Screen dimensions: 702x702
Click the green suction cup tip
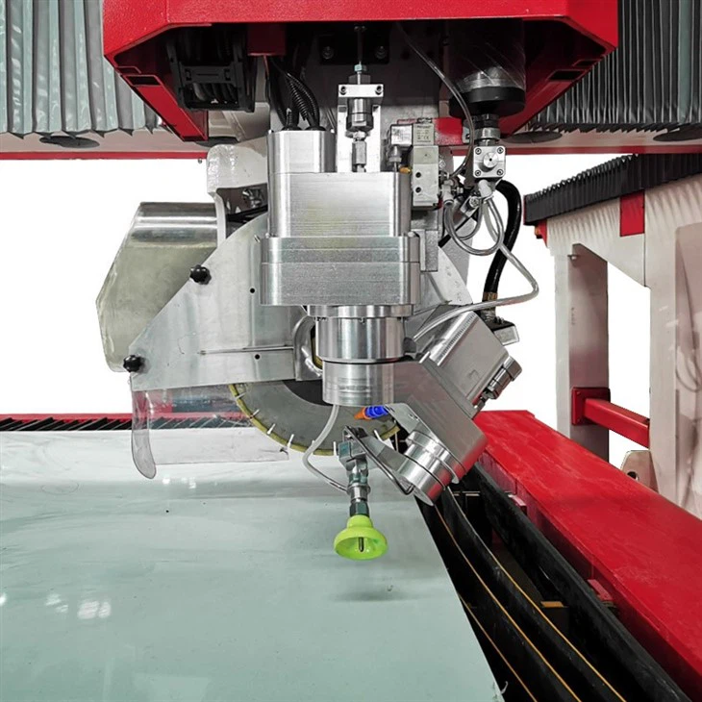[x=361, y=539]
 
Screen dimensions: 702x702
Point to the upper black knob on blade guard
[x=200, y=274]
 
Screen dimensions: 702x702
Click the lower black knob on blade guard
[x=133, y=364]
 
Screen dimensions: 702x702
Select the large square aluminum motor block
[x=341, y=221]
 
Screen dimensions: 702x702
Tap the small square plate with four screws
[x=488, y=161]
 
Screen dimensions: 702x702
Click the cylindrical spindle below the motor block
[x=357, y=356]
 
